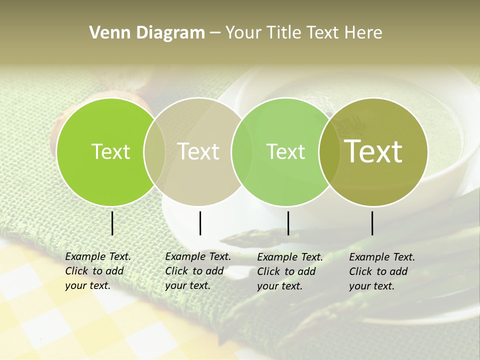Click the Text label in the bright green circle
coord(111,151)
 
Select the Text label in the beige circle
coord(198,151)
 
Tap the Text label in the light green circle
coord(286,151)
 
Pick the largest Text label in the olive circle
coord(373,151)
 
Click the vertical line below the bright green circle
coord(112,223)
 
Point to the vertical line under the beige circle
coord(200,223)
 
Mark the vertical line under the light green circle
coord(288,223)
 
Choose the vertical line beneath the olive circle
coord(372,223)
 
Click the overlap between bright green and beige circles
coord(154,152)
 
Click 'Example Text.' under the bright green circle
coord(98,256)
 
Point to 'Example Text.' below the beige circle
coord(198,256)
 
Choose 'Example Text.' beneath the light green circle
coord(290,257)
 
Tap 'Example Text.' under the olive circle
coord(382,257)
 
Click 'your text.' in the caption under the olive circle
coord(372,286)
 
